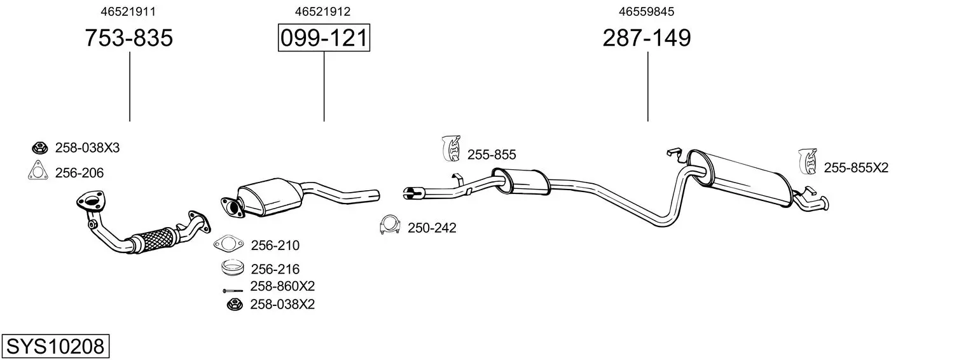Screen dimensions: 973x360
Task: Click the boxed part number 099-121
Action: tap(324, 38)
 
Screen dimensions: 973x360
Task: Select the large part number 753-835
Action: tap(129, 38)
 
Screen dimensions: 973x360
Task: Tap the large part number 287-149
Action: tap(647, 38)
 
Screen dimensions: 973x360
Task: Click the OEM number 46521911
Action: tap(128, 11)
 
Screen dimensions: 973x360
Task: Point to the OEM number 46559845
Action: tap(647, 11)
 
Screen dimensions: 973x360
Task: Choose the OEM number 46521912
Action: tap(322, 11)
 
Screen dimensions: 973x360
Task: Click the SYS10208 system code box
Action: tap(55, 346)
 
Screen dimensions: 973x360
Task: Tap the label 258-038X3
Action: tap(87, 148)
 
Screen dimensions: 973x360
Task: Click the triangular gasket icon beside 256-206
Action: tap(38, 170)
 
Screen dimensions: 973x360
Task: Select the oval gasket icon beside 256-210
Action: tap(229, 244)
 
